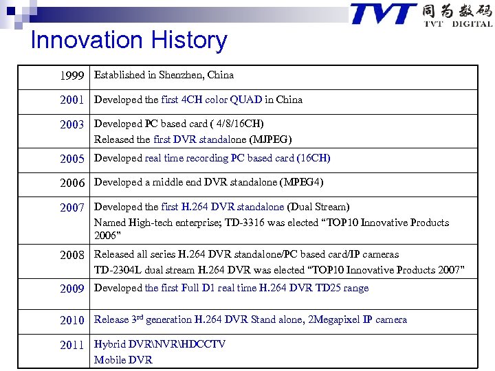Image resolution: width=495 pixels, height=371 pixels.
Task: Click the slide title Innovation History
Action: pos(129,41)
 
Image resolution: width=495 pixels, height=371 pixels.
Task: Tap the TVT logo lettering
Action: pos(383,14)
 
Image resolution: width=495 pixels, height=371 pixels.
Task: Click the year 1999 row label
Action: pos(72,76)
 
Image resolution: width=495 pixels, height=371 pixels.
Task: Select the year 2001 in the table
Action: pos(72,100)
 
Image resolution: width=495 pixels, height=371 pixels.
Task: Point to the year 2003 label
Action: pos(72,125)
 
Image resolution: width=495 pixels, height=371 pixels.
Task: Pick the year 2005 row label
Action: pos(72,159)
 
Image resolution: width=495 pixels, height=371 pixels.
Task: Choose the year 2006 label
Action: pos(72,183)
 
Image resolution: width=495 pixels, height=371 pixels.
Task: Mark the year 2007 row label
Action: pos(72,207)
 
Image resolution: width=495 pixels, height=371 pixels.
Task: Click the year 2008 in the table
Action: pos(72,255)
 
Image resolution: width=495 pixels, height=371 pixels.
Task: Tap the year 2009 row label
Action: pos(72,289)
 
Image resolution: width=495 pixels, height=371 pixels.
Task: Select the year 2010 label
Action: pos(72,320)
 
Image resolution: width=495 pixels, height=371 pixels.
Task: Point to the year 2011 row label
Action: pos(72,345)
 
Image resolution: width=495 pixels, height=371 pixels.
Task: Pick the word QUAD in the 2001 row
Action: pos(245,100)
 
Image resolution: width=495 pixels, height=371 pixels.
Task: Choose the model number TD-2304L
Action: pos(120,270)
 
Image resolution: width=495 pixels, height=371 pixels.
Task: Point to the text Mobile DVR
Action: pos(123,360)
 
